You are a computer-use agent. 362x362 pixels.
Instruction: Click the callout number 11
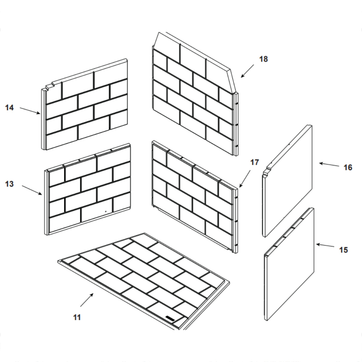click(76, 317)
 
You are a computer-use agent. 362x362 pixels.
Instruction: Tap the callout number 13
click(9, 184)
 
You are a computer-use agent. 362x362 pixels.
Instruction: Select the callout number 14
click(9, 108)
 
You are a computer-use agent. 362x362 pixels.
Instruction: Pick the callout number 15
click(344, 250)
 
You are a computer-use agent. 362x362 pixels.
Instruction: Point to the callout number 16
click(348, 168)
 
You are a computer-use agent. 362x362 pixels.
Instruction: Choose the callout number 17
click(254, 163)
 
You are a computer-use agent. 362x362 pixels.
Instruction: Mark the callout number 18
click(264, 59)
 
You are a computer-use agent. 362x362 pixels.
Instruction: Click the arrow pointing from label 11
click(87, 300)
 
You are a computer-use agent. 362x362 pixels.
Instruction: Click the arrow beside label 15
click(325, 246)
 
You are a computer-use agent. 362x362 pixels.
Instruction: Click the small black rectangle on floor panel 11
click(170, 318)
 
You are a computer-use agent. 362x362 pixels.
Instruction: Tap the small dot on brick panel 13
click(105, 211)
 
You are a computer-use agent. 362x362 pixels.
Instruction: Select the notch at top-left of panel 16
click(268, 169)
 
